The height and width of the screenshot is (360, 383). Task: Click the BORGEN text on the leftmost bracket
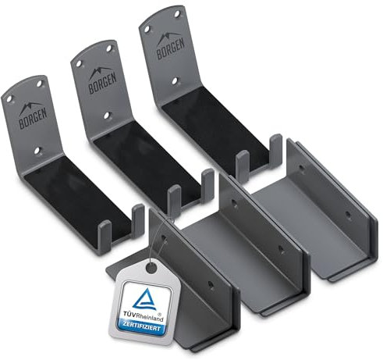[33, 119]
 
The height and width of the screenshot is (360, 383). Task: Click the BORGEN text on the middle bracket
[103, 84]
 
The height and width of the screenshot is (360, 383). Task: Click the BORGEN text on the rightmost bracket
[171, 49]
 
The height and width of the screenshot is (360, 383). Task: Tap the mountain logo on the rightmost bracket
[168, 37]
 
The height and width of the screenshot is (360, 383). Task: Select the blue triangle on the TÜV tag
[145, 300]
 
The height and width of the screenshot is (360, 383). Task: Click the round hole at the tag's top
[151, 267]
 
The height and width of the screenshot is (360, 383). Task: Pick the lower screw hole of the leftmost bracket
[37, 150]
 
